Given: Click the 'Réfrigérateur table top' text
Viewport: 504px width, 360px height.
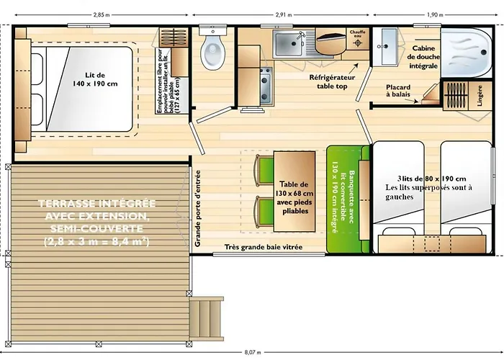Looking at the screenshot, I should click(332, 80).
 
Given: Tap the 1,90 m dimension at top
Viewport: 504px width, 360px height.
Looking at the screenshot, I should click(434, 14).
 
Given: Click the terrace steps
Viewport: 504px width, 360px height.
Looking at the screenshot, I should click(207, 315).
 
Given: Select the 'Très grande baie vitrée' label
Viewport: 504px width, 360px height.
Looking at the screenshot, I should click(262, 247).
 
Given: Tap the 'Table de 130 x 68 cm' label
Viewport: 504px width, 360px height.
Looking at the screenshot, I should click(294, 195).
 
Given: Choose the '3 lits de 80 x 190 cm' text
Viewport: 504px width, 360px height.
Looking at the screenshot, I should click(431, 179).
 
